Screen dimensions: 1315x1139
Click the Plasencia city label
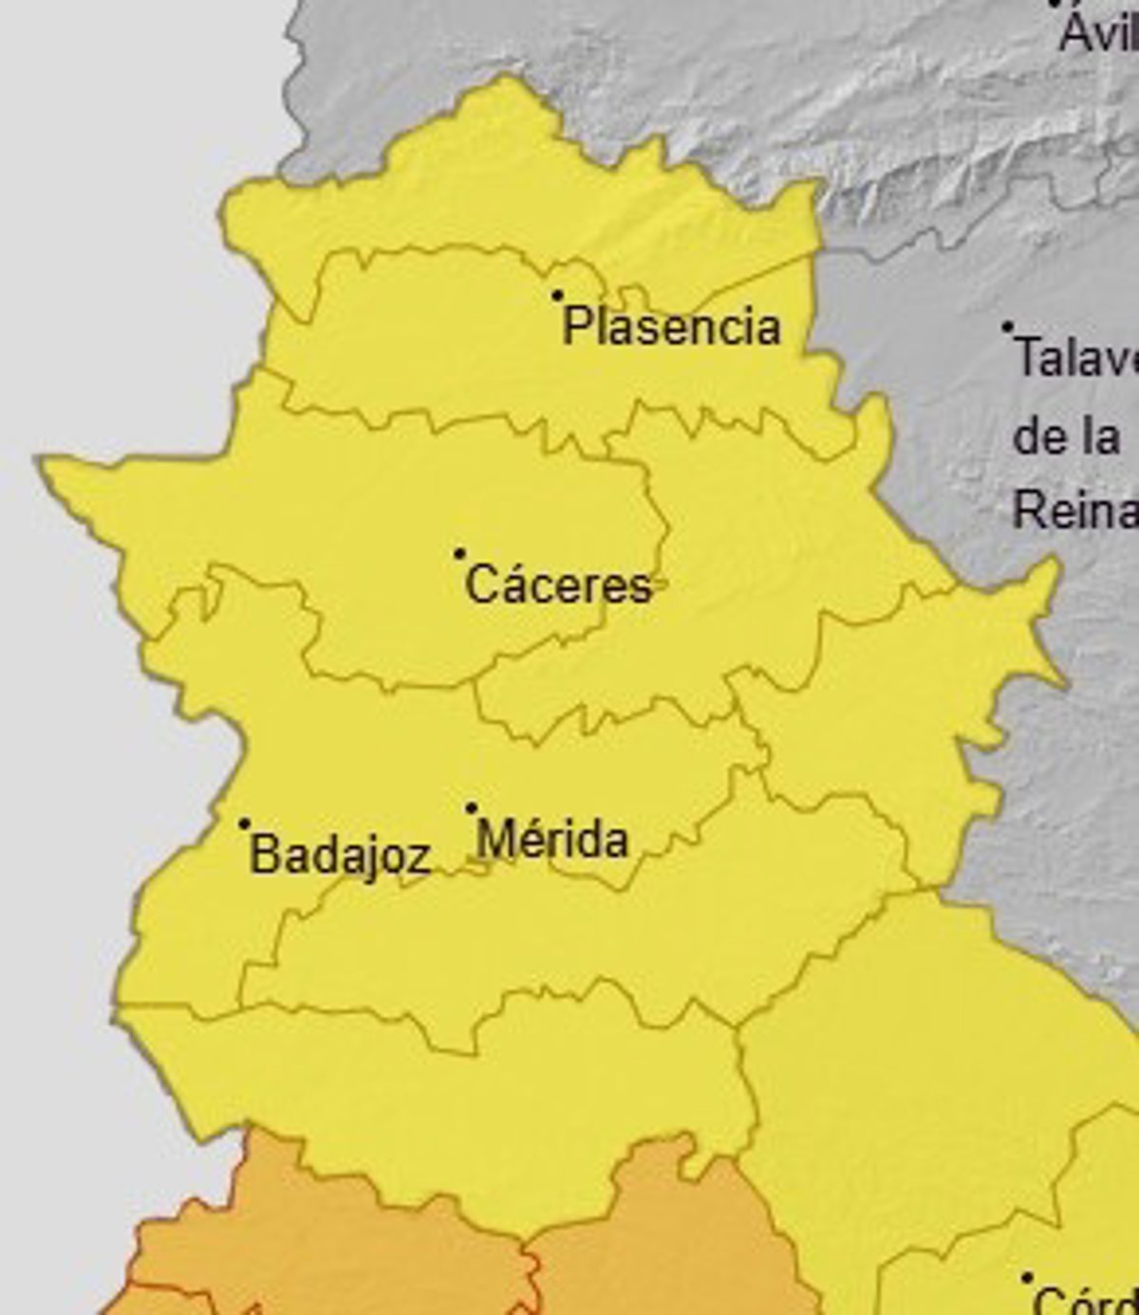671,327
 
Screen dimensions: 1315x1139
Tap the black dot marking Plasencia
558,296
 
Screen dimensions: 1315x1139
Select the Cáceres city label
559,584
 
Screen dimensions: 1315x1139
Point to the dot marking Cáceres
459,553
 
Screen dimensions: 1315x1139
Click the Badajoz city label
340,855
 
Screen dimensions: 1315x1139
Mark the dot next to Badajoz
244,824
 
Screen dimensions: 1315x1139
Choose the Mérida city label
552,840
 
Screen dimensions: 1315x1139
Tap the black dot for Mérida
471,808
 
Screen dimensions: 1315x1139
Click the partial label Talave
1075,359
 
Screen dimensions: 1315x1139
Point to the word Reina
1074,510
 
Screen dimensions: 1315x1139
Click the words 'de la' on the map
1066,436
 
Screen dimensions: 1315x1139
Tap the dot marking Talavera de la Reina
1008,327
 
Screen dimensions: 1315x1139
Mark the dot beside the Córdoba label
1026,1278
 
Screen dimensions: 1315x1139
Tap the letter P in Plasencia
575,327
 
